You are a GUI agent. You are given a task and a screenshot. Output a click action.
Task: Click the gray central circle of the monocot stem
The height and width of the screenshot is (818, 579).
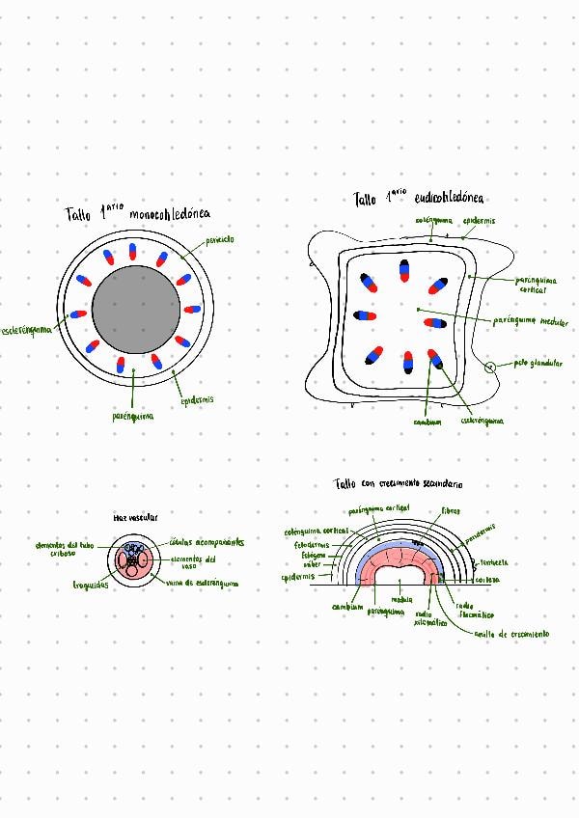click(135, 310)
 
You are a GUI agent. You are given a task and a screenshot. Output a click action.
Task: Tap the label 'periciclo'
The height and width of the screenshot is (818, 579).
click(219, 239)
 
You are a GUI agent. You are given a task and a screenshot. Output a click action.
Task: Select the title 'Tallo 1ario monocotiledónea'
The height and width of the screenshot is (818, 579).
click(138, 212)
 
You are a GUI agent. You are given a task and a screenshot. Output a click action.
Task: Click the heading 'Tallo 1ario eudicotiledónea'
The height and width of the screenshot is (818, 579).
click(418, 198)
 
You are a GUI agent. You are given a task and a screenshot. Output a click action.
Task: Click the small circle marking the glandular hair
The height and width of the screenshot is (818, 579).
click(489, 368)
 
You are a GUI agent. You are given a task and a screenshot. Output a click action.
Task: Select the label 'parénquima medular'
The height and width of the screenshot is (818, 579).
click(530, 321)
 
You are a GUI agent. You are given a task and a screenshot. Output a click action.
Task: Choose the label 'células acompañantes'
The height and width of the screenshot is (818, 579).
click(207, 542)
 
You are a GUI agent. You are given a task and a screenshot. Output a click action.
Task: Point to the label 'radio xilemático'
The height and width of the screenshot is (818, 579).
click(423, 617)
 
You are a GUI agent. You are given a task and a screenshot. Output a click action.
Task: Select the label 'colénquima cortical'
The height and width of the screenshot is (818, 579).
click(316, 532)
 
